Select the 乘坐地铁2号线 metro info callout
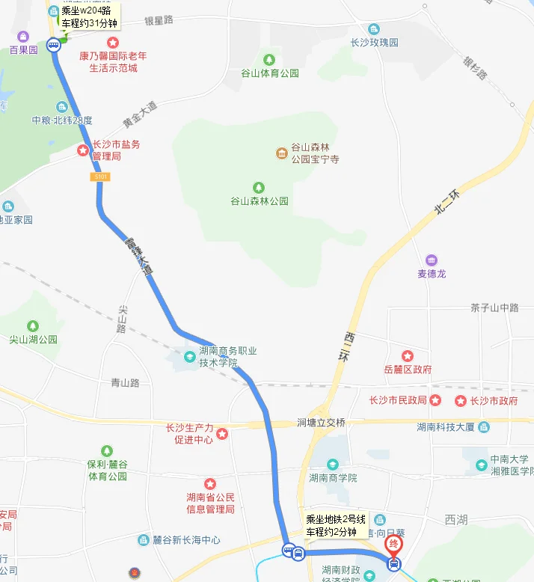coord(335,525)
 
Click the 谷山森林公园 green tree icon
coord(259,186)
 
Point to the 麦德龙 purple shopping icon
coord(432,260)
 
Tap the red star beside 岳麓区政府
coord(408,356)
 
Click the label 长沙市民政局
coord(398,401)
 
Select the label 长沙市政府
coord(494,401)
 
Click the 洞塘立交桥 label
coord(321,423)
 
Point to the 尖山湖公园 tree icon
coord(33,325)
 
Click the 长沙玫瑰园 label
coord(375,43)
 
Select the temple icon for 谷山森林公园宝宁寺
coord(281,153)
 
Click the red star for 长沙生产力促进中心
coord(221,433)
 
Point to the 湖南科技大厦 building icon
coord(483,427)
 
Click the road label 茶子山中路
coord(494,307)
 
